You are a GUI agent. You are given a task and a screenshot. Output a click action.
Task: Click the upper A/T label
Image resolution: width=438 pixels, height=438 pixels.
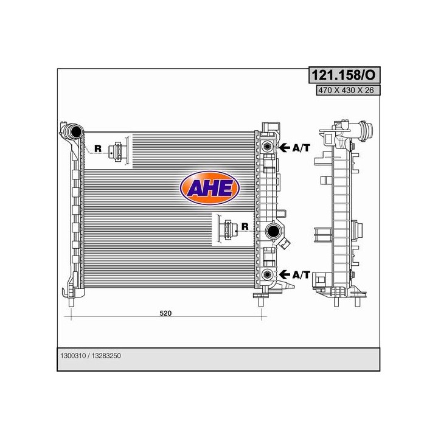tap(301, 147)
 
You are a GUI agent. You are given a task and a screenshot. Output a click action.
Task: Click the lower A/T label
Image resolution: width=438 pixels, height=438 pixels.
tap(301, 275)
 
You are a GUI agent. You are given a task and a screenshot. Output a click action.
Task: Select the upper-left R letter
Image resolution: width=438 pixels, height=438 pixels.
tap(97, 148)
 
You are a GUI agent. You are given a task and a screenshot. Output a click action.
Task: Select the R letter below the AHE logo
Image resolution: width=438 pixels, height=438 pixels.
tap(244, 227)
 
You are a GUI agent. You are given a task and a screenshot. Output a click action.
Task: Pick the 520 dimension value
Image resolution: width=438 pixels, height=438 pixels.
tap(165, 313)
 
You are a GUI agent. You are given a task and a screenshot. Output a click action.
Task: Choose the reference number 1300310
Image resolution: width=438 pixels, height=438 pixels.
tap(73, 358)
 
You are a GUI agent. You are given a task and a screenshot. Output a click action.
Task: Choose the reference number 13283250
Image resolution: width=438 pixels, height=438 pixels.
tap(112, 358)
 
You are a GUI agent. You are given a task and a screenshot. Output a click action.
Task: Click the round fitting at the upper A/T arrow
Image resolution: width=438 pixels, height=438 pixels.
tap(266, 147)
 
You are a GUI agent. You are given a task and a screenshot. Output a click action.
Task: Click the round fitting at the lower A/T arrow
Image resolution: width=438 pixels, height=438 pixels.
tap(266, 274)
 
